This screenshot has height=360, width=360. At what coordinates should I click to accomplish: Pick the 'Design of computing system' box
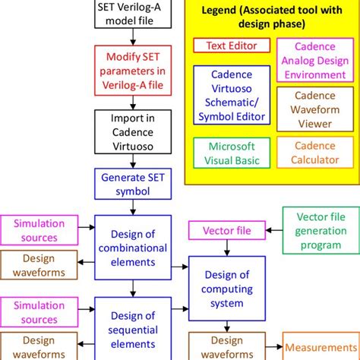pyautogui.click(x=224, y=291)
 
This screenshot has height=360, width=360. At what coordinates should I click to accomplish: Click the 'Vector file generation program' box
pyautogui.click(x=319, y=229)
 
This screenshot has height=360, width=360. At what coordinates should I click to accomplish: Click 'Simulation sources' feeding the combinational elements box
pyautogui.click(x=38, y=230)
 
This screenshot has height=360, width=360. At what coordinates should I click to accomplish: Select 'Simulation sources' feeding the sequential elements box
pyautogui.click(x=38, y=311)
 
